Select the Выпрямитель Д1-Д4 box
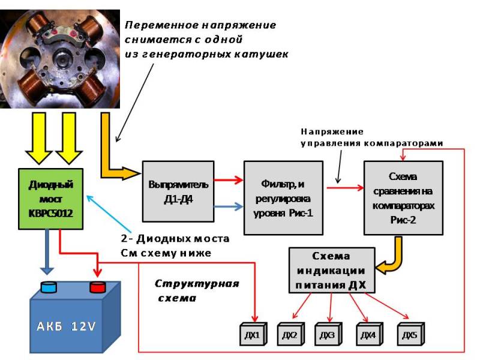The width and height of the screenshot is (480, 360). point(178,191)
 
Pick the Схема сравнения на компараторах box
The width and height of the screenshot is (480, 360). point(403,197)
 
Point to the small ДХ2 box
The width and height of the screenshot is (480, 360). point(291,334)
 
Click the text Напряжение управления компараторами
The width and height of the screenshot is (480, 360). point(372,137)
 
